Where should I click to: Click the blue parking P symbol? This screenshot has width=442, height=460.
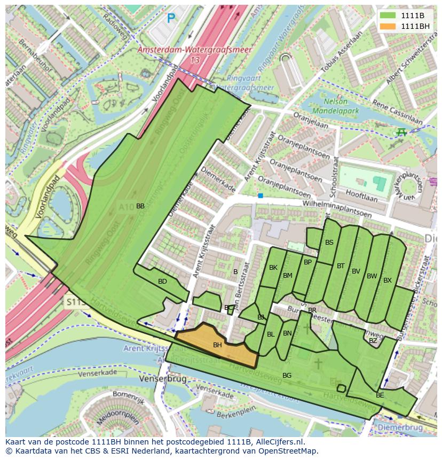[x=171, y=19]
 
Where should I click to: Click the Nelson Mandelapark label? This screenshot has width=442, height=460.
[x=335, y=107]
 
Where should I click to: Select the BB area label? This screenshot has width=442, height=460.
[x=140, y=206]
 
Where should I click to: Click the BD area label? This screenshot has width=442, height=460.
[x=162, y=281]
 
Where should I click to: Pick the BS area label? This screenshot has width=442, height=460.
[x=329, y=243]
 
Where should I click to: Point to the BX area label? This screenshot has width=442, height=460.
[x=388, y=280]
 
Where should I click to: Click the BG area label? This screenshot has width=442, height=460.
[x=287, y=376]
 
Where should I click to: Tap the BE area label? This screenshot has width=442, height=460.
[x=380, y=395]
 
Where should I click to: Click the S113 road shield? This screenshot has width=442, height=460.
[x=76, y=302]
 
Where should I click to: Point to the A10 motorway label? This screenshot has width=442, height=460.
[x=126, y=206]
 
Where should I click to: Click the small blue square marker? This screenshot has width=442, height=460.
[x=261, y=196]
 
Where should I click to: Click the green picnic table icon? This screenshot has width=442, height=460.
[x=401, y=131]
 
